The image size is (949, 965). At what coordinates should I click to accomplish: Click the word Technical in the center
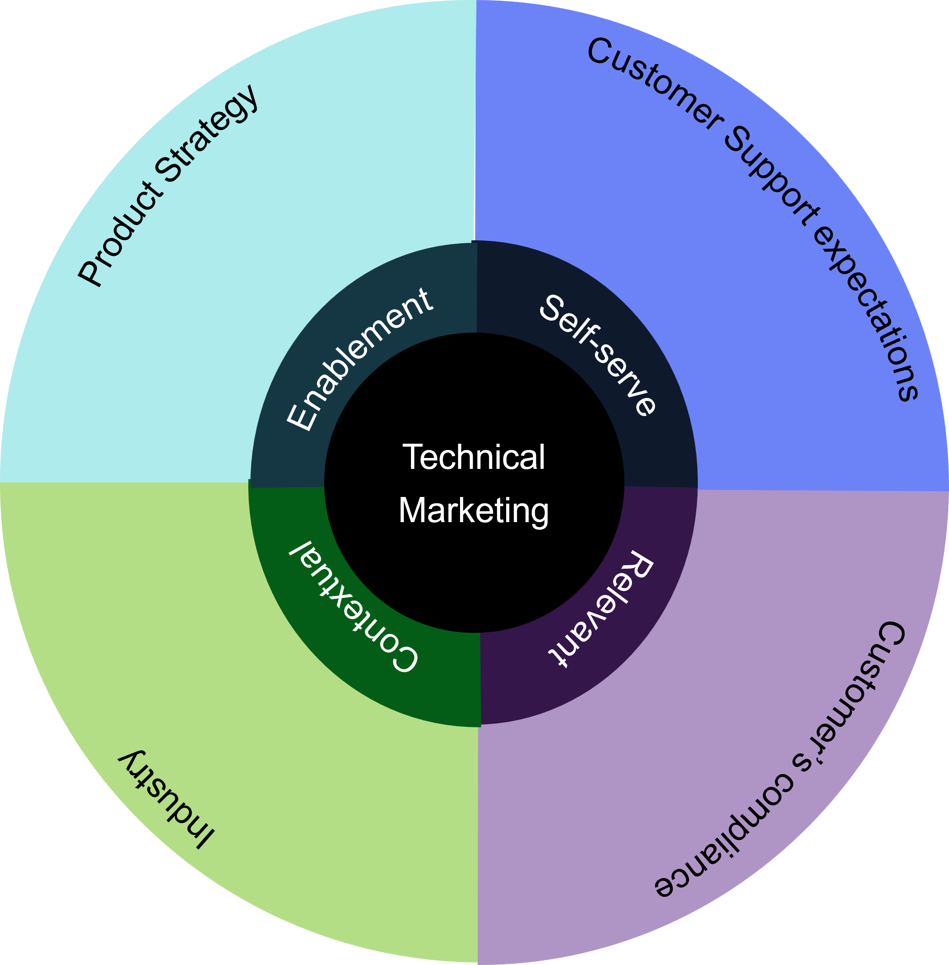(473, 457)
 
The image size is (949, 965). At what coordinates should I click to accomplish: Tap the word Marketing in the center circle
(473, 511)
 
